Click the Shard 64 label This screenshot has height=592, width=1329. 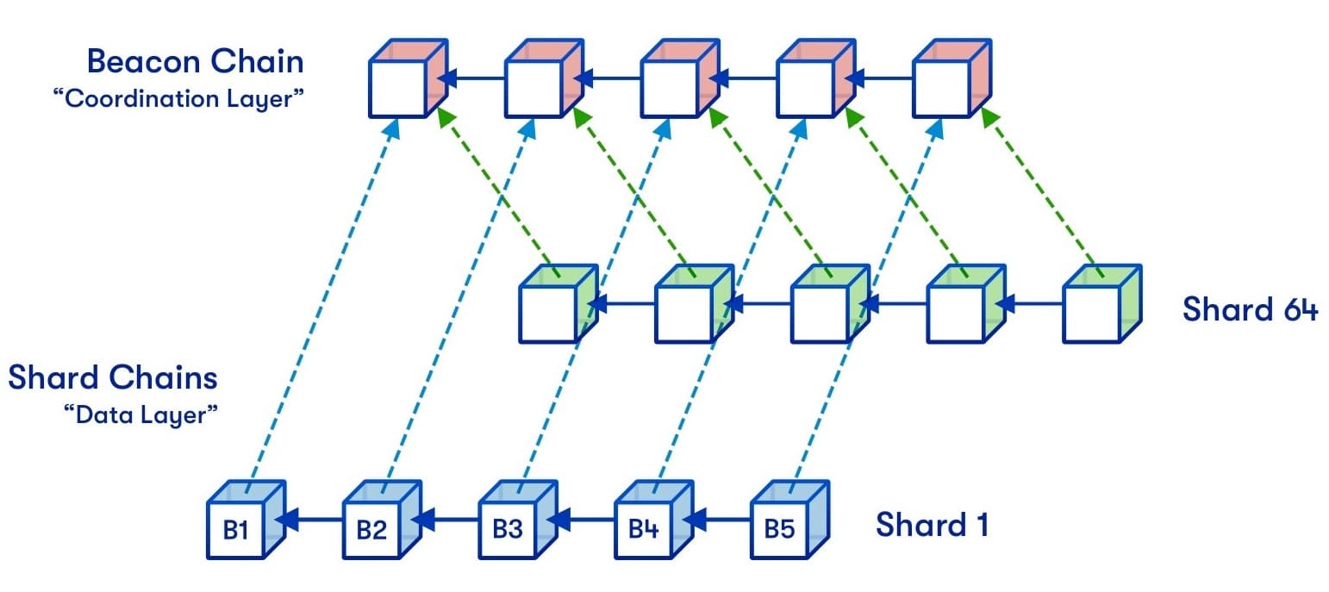coord(1249,308)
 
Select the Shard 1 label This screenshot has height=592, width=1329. coord(932,524)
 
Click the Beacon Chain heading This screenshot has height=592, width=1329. coord(195,62)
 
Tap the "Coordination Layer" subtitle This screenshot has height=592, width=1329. coord(178,98)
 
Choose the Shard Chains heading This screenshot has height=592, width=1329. coord(113,377)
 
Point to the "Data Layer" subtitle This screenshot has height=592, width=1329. coord(140,414)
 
